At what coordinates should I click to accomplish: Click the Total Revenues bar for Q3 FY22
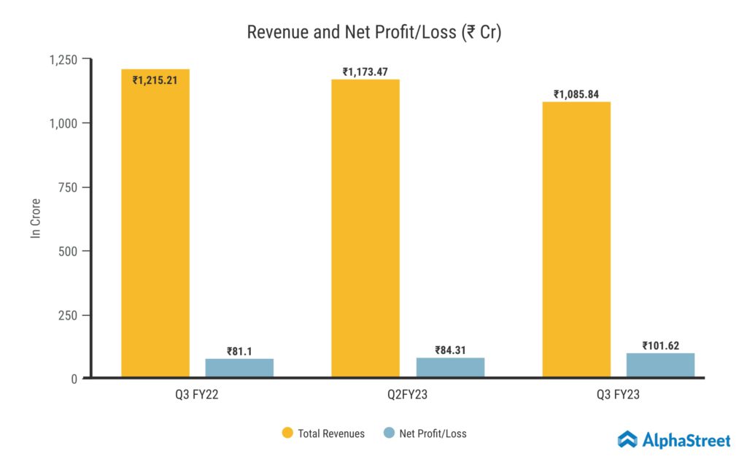155,226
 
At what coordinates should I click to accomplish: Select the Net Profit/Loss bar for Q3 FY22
239,368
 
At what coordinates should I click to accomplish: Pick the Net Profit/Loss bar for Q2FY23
450,367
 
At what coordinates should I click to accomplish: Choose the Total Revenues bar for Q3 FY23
576,241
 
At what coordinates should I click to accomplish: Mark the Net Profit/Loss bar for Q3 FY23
661,365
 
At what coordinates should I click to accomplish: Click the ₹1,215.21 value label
155,80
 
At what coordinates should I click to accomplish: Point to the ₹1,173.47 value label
365,72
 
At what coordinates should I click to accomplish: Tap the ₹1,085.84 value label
576,94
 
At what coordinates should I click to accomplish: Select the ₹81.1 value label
239,351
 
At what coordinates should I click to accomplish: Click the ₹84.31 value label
450,350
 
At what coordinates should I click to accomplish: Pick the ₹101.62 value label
661,345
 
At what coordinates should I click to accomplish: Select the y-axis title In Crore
34,218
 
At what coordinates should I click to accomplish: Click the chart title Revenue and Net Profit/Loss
373,33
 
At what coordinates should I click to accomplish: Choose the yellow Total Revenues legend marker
287,433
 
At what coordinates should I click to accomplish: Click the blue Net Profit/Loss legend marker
389,433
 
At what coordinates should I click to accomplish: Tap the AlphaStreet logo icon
627,439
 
